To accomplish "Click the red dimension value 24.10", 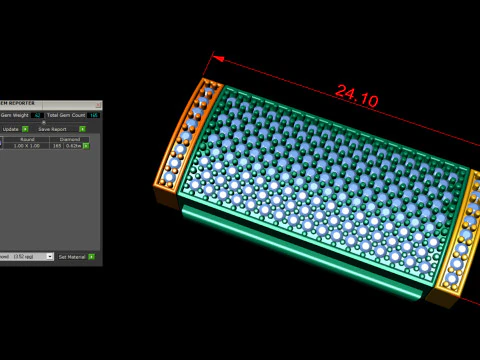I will (x=356, y=96).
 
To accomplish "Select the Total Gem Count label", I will (x=65, y=115).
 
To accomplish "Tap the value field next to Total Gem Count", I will (x=93, y=115).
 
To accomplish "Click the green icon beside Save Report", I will (x=82, y=128).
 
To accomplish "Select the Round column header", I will (x=27, y=139).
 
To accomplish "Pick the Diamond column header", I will (x=70, y=139).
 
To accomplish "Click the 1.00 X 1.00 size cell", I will (x=26, y=146).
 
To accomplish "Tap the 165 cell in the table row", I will (x=56, y=146).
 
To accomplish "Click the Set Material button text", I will (x=71, y=257).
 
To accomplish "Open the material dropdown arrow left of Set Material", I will (x=49, y=257).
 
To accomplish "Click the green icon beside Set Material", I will (x=91, y=257).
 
